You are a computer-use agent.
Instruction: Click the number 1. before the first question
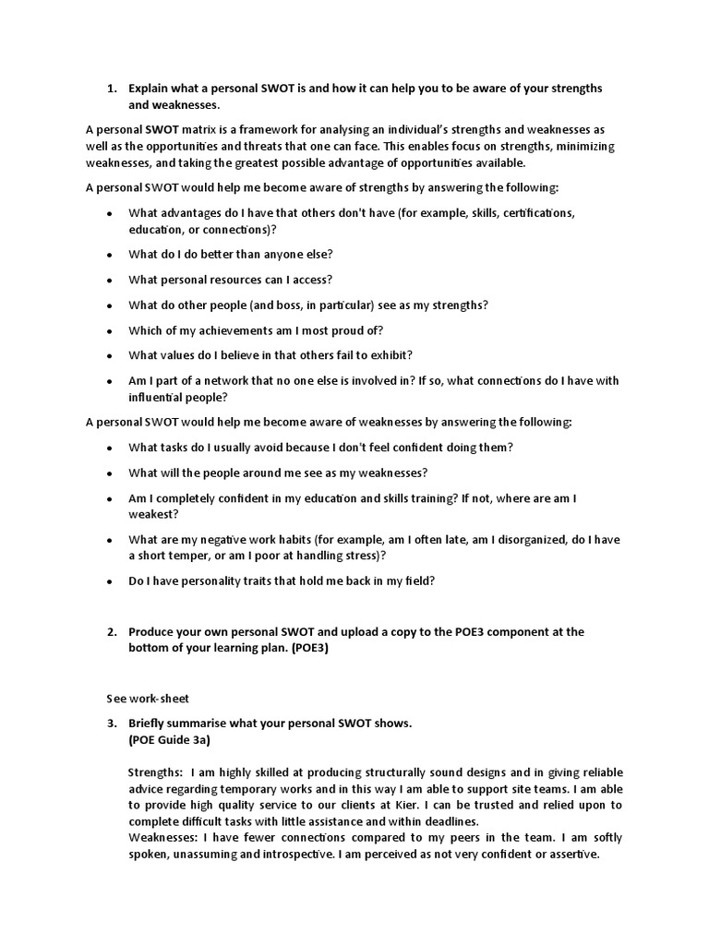coord(112,89)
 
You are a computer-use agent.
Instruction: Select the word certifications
coord(527,212)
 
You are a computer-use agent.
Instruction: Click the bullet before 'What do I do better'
coord(110,254)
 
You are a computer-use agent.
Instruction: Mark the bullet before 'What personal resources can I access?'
coord(110,280)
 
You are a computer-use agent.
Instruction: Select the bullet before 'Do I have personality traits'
coord(110,581)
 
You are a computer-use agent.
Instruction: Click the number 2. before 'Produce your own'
coord(112,632)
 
